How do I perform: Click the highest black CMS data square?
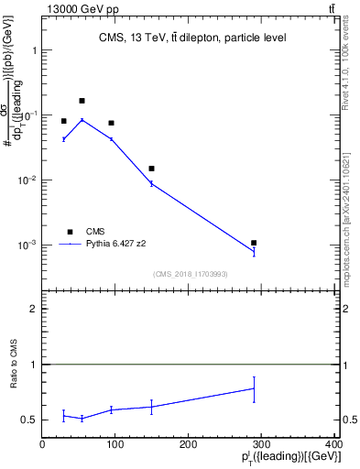click(82, 101)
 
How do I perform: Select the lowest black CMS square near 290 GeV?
click(254, 243)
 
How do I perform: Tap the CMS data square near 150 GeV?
click(151, 169)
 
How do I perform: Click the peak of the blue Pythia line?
click(82, 120)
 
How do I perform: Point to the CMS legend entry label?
click(95, 232)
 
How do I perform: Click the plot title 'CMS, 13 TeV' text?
click(192, 38)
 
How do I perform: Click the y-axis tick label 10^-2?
click(26, 180)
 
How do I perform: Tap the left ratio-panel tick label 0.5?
click(30, 420)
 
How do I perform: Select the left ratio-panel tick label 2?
click(34, 310)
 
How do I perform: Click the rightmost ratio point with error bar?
click(254, 388)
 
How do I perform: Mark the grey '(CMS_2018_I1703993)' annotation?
click(191, 273)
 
